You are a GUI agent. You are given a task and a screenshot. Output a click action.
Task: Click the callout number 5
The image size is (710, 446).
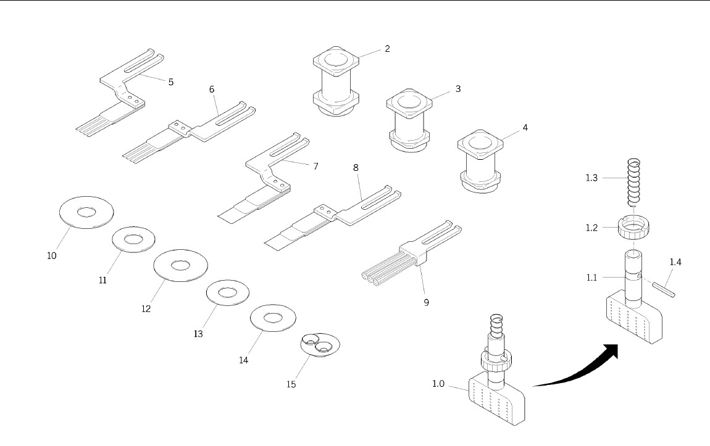(x=171, y=81)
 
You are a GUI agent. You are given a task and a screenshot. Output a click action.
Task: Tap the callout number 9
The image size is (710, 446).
(x=426, y=302)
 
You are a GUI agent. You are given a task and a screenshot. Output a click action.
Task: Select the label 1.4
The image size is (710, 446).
(x=676, y=262)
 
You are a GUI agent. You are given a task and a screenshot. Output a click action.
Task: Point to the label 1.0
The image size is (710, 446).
(x=438, y=384)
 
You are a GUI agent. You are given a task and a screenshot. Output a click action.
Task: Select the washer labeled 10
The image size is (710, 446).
(x=85, y=213)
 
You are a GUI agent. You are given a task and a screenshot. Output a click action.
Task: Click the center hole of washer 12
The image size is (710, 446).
(x=180, y=266)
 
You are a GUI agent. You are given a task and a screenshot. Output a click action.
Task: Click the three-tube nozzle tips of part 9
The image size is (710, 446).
(x=374, y=278)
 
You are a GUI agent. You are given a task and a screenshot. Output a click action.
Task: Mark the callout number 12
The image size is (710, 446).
(x=146, y=308)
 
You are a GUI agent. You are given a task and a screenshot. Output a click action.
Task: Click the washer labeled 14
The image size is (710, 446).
(x=273, y=318)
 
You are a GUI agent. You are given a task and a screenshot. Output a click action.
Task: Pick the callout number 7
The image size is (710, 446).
(x=315, y=166)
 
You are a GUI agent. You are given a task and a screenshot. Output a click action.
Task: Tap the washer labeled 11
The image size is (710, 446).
(x=133, y=239)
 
